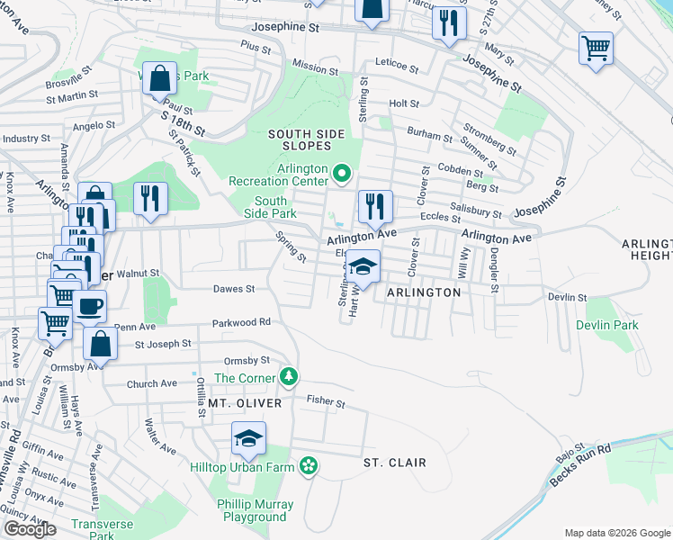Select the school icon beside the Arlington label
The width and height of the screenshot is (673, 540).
point(363,266)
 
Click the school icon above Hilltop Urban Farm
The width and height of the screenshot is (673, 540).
point(249,439)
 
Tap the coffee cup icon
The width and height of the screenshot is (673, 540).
point(90,306)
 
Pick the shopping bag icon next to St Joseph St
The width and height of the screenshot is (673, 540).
point(100,343)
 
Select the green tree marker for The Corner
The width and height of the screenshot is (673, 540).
point(288,376)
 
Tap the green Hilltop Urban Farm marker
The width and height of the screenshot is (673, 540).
point(309,465)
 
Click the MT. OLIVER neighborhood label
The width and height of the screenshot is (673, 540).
point(245,404)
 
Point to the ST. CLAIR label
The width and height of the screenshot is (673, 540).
point(394,463)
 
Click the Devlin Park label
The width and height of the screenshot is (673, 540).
point(607,325)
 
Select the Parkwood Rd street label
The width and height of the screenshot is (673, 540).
point(241,322)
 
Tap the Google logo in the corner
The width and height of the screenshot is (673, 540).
point(30,529)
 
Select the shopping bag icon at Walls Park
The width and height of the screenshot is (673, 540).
point(159,78)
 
